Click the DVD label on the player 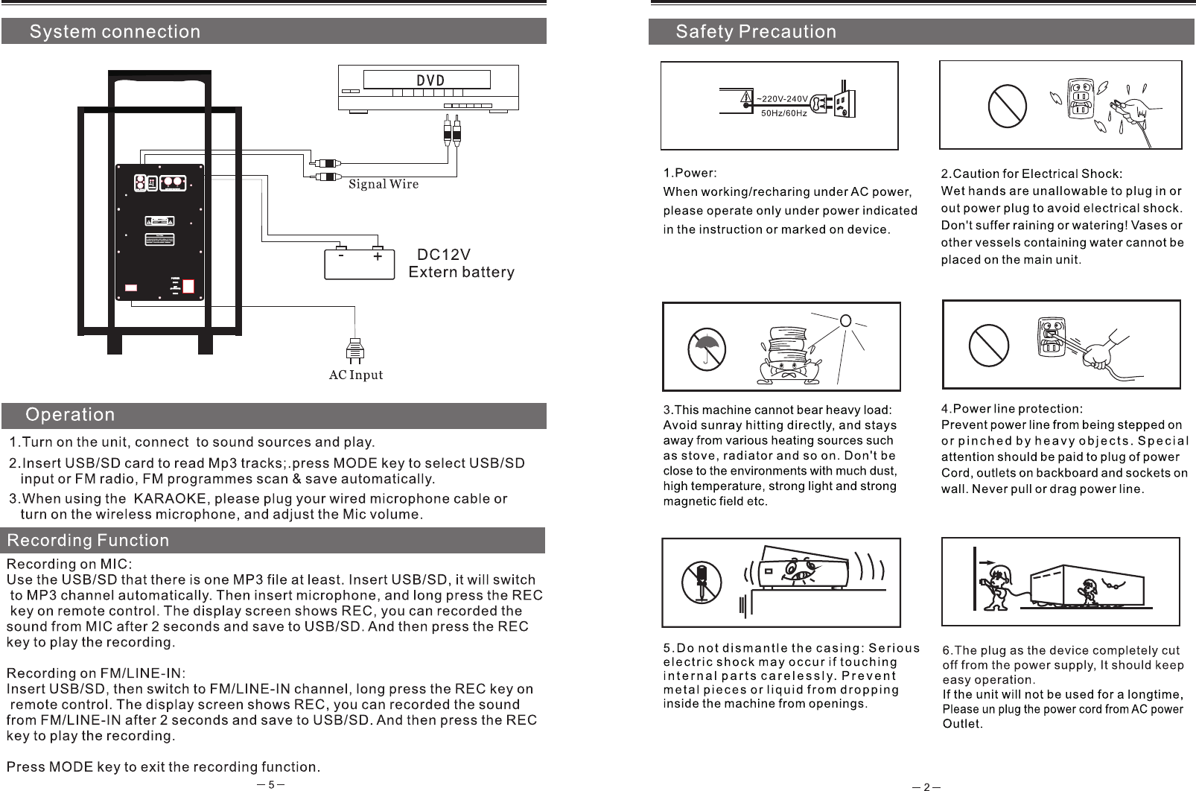[x=429, y=80]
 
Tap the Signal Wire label [x=384, y=184]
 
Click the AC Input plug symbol [x=356, y=352]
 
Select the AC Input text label [x=356, y=375]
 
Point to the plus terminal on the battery [x=378, y=255]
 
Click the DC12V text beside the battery [x=444, y=254]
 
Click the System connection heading [x=115, y=32]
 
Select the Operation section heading [x=71, y=414]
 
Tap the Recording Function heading [x=88, y=540]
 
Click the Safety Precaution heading [x=756, y=32]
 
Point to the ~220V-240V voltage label [x=782, y=98]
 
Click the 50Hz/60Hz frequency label [x=783, y=113]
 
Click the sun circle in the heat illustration [x=845, y=321]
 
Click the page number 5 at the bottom [x=272, y=784]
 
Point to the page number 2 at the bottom [x=926, y=787]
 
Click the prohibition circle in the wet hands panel [x=1008, y=106]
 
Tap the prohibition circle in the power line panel [x=989, y=346]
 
